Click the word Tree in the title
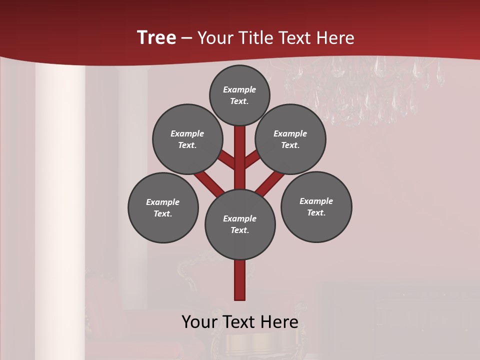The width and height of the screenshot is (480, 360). pyautogui.click(x=156, y=38)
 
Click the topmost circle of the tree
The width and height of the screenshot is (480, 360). pyautogui.click(x=239, y=95)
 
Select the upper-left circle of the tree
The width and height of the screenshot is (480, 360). pyautogui.click(x=187, y=139)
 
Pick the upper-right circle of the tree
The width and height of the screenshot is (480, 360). pyautogui.click(x=290, y=139)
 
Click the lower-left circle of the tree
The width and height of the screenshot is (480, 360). pyautogui.click(x=163, y=207)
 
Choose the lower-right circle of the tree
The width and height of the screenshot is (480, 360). pyautogui.click(x=316, y=206)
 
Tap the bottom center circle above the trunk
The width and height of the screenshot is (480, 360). pyautogui.click(x=240, y=224)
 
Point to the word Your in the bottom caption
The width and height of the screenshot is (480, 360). pyautogui.click(x=199, y=322)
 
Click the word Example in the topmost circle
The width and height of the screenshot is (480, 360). pyautogui.click(x=239, y=89)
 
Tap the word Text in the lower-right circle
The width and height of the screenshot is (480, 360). pyautogui.click(x=316, y=212)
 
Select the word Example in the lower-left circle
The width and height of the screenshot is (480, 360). pyautogui.click(x=163, y=202)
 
